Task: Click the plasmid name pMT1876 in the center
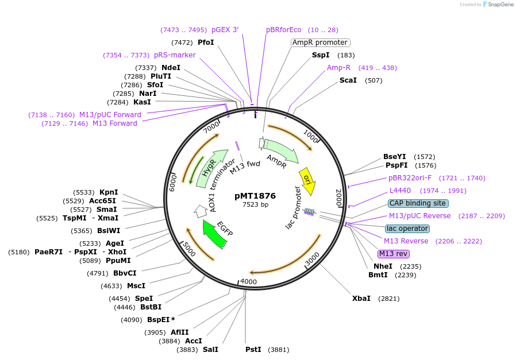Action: point(255,196)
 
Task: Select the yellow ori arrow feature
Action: point(307,178)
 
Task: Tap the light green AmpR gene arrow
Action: point(282,150)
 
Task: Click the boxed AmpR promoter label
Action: point(320,42)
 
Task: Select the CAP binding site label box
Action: point(418,203)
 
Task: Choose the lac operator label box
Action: point(407,229)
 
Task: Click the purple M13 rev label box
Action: point(394,254)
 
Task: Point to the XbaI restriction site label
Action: point(361,299)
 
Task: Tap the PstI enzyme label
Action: point(253,350)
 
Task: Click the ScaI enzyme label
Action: point(348,80)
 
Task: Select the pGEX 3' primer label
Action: point(225,30)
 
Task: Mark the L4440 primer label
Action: point(400,191)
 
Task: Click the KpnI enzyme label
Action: point(109,192)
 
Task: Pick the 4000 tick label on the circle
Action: point(248,282)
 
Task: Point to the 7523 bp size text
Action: point(255,204)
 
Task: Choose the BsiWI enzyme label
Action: point(109,231)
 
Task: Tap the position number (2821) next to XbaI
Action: point(388,299)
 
